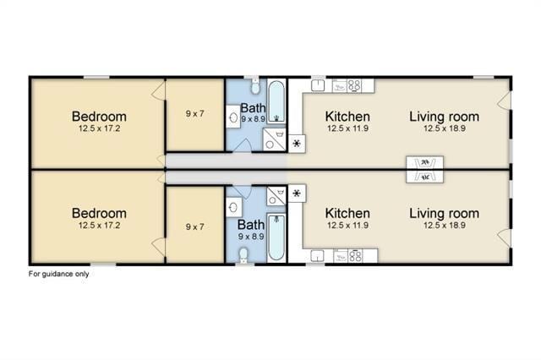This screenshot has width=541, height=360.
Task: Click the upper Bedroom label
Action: [99, 117]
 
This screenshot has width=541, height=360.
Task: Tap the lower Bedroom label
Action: [99, 214]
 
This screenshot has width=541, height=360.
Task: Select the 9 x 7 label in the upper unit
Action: [195, 113]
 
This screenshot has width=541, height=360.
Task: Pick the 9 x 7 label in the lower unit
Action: [195, 226]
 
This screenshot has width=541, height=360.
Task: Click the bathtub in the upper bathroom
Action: [276, 101]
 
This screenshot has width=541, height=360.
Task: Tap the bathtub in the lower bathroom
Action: [276, 237]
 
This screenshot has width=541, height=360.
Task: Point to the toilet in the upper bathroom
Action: [255, 86]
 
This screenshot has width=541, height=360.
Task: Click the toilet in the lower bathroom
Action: [243, 256]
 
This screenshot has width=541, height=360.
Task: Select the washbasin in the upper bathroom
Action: [233, 117]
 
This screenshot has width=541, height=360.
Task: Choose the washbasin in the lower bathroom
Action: [233, 208]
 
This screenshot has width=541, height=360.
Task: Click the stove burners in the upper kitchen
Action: [354, 85]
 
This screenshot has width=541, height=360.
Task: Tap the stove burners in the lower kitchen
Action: [355, 256]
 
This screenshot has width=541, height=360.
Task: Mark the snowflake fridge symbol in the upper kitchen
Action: [297, 144]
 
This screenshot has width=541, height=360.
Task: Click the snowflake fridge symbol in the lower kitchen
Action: [297, 194]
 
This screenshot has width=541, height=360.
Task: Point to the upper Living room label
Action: [445, 117]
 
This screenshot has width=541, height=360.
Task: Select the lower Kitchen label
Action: [347, 214]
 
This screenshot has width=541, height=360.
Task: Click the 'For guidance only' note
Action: [58, 274]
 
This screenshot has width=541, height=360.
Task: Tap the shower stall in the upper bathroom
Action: [274, 139]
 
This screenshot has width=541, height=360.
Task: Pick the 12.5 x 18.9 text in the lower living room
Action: [445, 226]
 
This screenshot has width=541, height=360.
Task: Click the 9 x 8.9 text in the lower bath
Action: [251, 237]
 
